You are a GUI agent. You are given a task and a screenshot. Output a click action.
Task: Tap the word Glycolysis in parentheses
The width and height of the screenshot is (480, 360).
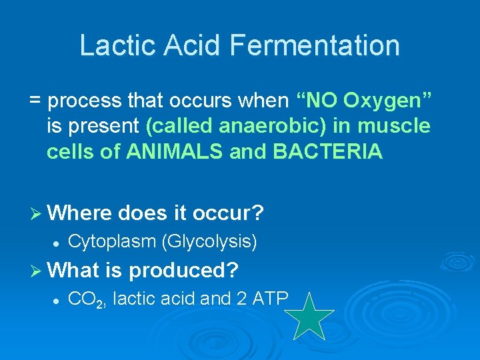click(x=210, y=241)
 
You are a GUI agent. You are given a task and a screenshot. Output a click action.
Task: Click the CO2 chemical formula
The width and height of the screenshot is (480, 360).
click(x=87, y=300)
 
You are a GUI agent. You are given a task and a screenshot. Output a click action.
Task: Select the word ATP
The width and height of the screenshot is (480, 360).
click(x=270, y=299)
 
